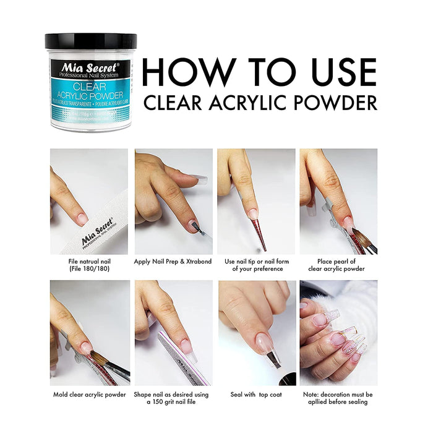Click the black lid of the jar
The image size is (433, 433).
point(90,41)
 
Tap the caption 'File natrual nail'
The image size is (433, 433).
point(88,261)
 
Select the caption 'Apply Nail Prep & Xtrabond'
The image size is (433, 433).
point(173,261)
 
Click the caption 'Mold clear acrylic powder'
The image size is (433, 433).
point(89,394)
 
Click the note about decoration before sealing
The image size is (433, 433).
point(338,398)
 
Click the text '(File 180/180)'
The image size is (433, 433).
point(88,268)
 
